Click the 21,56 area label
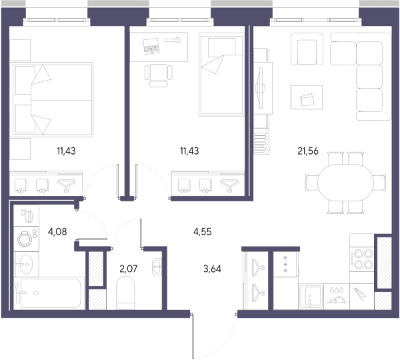(308, 151)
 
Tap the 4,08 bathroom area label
(57, 231)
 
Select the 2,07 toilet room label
(128, 269)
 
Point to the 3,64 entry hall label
(212, 269)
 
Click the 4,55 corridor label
(203, 231)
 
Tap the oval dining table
(345, 183)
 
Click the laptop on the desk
(151, 46)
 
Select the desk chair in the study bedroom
(159, 75)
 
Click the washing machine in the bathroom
(26, 239)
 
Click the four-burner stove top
(362, 259)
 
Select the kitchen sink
(311, 297)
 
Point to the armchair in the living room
(307, 49)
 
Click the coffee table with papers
(307, 97)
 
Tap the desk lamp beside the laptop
(173, 40)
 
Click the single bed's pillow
(221, 47)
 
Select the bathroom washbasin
(26, 264)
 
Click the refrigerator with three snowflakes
(285, 264)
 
